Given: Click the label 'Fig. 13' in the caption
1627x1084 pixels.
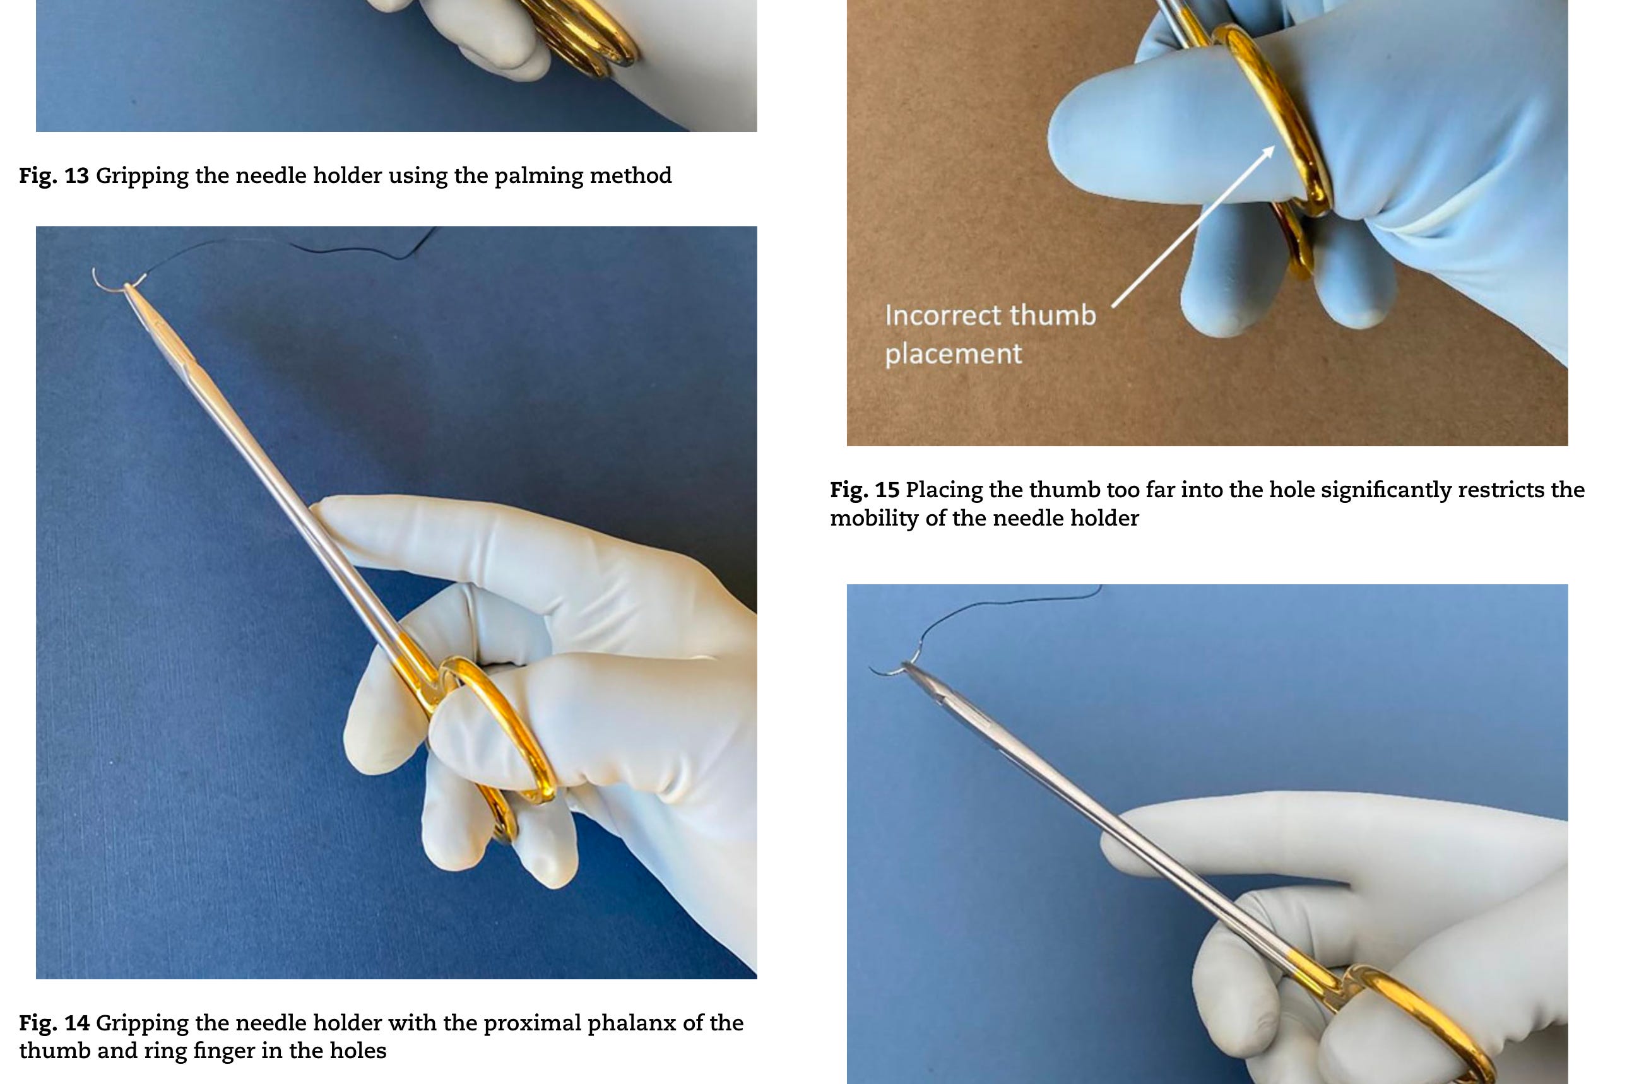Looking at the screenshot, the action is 54,175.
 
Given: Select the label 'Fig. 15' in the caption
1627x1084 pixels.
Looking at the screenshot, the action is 865,490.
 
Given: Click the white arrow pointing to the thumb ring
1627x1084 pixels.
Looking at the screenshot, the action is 1193,226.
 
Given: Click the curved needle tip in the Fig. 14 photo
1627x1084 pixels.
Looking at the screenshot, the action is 95,274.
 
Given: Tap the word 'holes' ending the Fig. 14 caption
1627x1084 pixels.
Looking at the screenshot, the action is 355,1051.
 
